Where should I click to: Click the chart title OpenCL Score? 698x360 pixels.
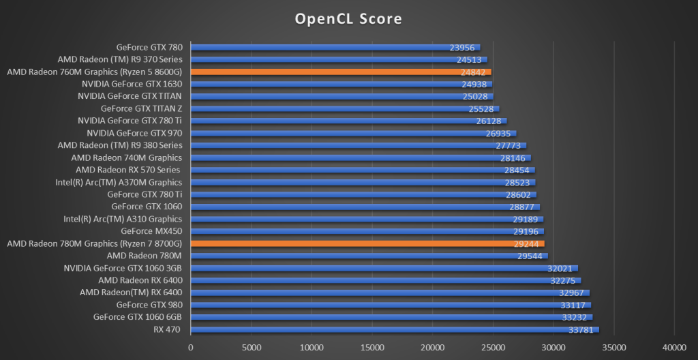coord(348,18)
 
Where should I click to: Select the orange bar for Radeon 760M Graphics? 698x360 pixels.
coord(341,72)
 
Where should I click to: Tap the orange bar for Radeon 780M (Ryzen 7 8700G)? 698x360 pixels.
coord(367,243)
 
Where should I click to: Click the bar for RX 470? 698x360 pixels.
coord(395,330)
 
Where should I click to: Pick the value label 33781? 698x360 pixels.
coord(581,331)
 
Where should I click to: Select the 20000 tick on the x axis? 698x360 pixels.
coord(433,348)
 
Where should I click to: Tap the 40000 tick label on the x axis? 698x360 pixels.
coord(674,348)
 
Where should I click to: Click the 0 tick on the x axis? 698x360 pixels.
coord(191,348)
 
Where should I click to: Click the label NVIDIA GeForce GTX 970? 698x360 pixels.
coord(134,133)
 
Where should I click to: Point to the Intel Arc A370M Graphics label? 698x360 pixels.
coord(119,182)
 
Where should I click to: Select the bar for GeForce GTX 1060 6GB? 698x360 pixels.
coord(391,317)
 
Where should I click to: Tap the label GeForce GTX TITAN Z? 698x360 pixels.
coord(141,108)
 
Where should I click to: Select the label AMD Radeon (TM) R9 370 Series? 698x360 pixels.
coord(120,59)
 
